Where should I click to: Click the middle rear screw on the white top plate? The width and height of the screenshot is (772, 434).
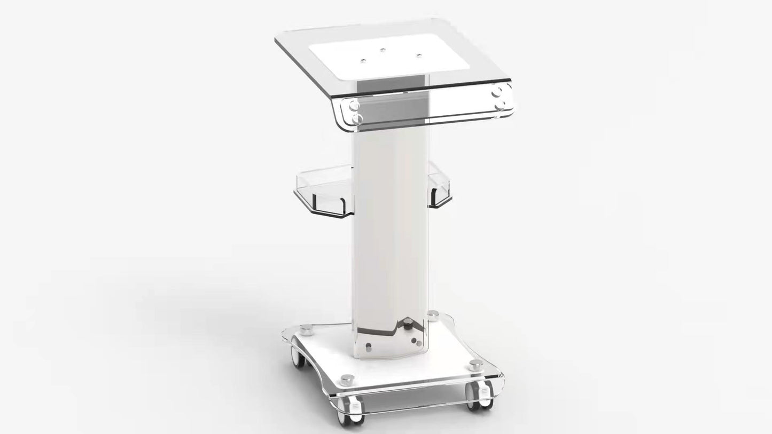383,50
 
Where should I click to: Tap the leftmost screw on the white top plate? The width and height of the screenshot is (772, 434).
363,60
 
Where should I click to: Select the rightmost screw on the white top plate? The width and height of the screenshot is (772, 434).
418,55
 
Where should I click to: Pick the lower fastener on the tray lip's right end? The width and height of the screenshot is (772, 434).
500,106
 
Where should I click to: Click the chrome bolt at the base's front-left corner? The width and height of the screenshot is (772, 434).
346,379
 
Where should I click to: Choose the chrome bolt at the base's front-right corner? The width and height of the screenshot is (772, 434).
474,366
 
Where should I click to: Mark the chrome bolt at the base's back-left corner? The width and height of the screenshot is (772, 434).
306,327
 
